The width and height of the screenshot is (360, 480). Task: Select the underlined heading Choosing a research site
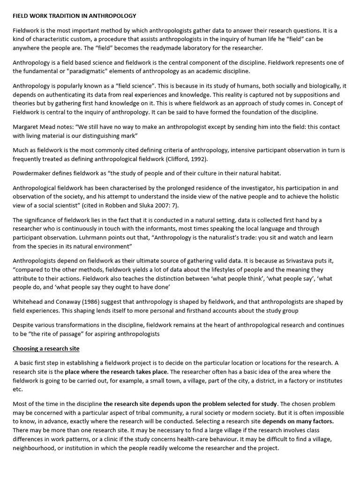[x=46, y=349]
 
